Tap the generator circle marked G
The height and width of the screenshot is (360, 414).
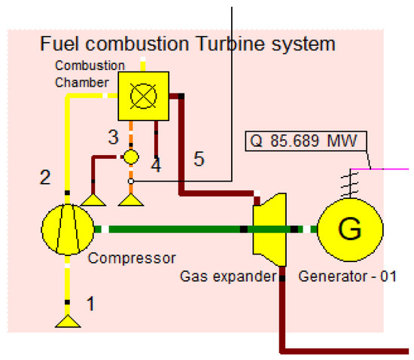pos(349,228)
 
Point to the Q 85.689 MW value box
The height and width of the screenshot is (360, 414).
pos(306,142)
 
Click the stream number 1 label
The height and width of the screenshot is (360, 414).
pos(91,304)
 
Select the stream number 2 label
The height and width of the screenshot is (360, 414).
pos(45,178)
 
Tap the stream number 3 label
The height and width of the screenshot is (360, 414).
pos(113,137)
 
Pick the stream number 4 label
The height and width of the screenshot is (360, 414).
pos(156,164)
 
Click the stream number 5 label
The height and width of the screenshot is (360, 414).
pos(199,159)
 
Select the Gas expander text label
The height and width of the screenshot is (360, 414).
pos(228,276)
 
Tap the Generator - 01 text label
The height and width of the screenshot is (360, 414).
pos(348,276)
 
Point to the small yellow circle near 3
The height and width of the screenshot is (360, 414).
pos(131,157)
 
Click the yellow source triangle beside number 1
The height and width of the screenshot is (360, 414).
pos(67,321)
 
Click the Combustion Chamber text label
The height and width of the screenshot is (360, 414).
pos(82,74)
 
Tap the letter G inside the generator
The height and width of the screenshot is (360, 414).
pos(349,229)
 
